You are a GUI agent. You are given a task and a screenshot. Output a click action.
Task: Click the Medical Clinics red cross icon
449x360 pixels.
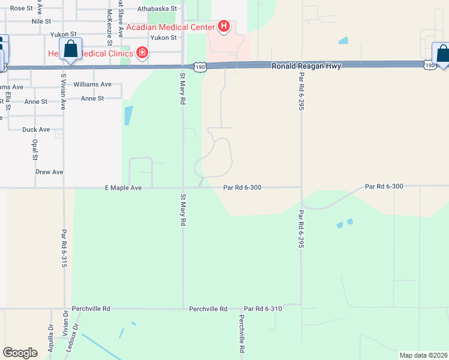(x=142, y=53)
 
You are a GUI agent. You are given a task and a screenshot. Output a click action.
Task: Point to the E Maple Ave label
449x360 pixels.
(x=123, y=188)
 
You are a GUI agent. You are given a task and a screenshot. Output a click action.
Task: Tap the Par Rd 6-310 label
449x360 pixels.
(x=263, y=308)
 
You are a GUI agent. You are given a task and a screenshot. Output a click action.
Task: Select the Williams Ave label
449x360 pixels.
(x=92, y=85)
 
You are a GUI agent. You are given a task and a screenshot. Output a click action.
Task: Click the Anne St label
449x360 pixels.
(x=92, y=98)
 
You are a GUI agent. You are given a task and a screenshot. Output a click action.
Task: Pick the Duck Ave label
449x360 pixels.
(x=36, y=130)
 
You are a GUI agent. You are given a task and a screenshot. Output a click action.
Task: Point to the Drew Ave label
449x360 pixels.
(x=49, y=172)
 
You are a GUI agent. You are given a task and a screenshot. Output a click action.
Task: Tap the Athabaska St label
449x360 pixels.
(x=157, y=9)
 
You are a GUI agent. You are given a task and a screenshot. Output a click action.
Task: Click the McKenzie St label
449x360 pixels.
(x=109, y=27)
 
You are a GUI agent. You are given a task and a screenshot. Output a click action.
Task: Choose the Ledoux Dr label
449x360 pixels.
(x=75, y=336)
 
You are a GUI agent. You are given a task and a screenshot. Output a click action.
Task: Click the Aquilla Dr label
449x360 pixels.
(x=51, y=336)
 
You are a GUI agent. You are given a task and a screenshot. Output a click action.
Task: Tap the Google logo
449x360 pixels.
(x=20, y=353)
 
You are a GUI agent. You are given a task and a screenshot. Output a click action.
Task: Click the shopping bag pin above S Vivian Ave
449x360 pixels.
(x=70, y=49)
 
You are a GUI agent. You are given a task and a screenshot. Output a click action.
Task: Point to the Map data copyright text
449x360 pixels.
(x=423, y=355)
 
